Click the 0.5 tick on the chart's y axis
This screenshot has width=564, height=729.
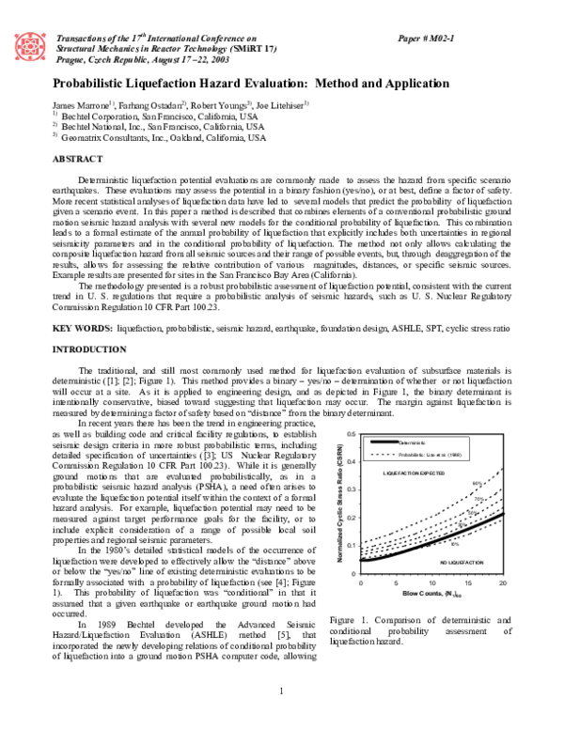point(350,434)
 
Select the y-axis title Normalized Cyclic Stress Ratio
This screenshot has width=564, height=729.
point(337,503)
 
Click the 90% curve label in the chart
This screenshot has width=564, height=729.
point(478,484)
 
